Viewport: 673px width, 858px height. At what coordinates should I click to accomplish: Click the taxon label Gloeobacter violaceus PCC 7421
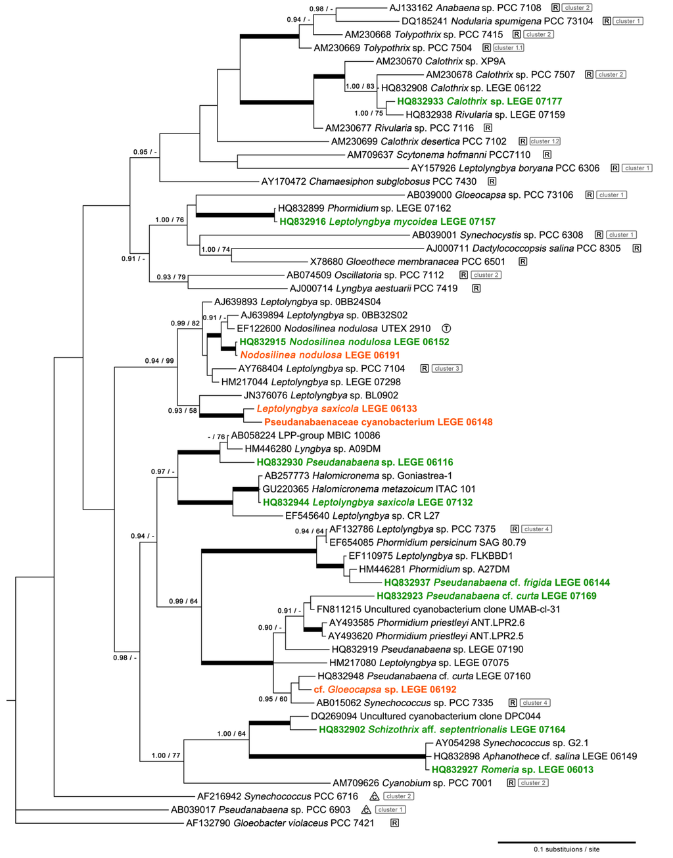[x=280, y=823]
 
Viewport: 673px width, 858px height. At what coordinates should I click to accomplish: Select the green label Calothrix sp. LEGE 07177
[x=479, y=101]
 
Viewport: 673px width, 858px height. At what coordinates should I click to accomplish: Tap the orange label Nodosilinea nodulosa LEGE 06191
[x=320, y=355]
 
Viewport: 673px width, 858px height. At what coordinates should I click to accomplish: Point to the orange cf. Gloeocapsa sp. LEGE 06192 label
[x=384, y=690]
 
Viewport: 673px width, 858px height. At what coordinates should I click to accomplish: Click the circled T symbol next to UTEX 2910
[x=446, y=329]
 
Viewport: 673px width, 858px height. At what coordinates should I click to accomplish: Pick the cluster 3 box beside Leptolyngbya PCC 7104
[x=447, y=369]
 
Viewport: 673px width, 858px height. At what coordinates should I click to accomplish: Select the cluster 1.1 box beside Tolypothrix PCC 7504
[x=509, y=48]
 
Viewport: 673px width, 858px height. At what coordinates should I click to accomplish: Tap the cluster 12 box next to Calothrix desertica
[x=545, y=141]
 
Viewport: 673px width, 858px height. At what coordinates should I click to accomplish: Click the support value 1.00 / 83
[x=360, y=87]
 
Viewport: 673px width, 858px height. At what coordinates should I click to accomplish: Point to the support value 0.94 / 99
[x=160, y=361]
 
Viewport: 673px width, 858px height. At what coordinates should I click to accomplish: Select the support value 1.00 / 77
[x=166, y=755]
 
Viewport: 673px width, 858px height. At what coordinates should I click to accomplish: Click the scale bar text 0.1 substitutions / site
[x=567, y=849]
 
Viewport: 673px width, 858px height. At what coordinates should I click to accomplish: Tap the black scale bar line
[x=567, y=842]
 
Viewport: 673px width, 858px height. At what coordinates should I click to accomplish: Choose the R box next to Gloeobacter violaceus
[x=394, y=823]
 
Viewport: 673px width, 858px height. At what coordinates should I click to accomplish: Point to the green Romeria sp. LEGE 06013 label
[x=513, y=770]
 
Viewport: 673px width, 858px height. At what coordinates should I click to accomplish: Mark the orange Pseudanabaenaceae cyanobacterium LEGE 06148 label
[x=378, y=422]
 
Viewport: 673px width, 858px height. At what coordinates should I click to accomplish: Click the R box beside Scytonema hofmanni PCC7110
[x=547, y=155]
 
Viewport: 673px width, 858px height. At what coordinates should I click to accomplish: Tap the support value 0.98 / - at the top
[x=321, y=9]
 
